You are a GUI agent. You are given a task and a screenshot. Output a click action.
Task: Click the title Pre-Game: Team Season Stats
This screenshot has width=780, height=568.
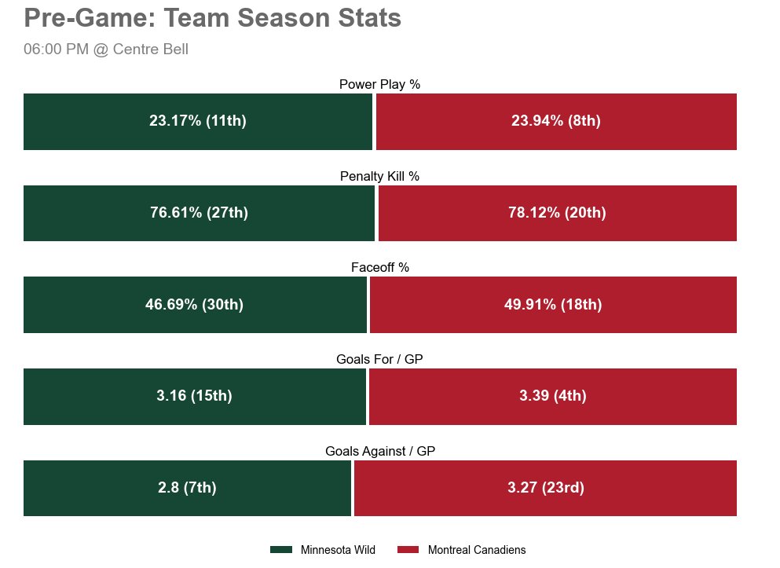(213, 18)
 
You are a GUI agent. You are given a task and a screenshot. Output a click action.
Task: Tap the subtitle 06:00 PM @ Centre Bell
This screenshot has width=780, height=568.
(106, 49)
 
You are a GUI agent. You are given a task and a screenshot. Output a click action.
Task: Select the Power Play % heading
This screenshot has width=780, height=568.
(380, 85)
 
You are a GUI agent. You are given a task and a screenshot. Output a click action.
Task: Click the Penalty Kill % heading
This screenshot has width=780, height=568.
(380, 177)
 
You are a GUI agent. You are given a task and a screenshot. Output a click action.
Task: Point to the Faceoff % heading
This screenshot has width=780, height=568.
(380, 268)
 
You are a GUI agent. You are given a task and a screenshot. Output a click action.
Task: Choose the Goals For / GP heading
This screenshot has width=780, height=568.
(380, 360)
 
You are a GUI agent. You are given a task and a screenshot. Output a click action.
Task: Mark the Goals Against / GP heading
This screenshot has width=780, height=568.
(380, 452)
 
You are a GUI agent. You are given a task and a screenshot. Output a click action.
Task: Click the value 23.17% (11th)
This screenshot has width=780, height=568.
(198, 121)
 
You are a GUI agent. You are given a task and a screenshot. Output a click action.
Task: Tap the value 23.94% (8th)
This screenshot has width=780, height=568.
(556, 121)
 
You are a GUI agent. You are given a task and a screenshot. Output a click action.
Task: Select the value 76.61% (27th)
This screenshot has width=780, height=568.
(199, 213)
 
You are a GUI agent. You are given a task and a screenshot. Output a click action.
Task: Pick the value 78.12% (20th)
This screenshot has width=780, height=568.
(557, 213)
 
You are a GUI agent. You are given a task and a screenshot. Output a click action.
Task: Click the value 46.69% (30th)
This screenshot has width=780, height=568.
(195, 305)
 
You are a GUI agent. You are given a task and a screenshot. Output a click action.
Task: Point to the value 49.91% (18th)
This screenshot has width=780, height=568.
(553, 305)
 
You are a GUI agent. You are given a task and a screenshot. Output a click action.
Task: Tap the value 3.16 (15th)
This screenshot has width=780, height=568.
(194, 396)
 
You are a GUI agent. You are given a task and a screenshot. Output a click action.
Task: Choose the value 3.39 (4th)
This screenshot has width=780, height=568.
(553, 396)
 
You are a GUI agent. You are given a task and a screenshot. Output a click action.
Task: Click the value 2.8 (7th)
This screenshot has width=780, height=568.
(187, 488)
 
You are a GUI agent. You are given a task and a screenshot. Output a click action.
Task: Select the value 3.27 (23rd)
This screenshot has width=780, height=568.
(546, 488)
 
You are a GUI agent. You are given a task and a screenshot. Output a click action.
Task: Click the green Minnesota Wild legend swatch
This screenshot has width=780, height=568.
(281, 550)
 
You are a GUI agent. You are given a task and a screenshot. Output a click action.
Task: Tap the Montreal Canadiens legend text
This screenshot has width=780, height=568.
(477, 551)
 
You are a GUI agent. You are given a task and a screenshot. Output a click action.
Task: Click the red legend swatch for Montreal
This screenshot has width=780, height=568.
(408, 550)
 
